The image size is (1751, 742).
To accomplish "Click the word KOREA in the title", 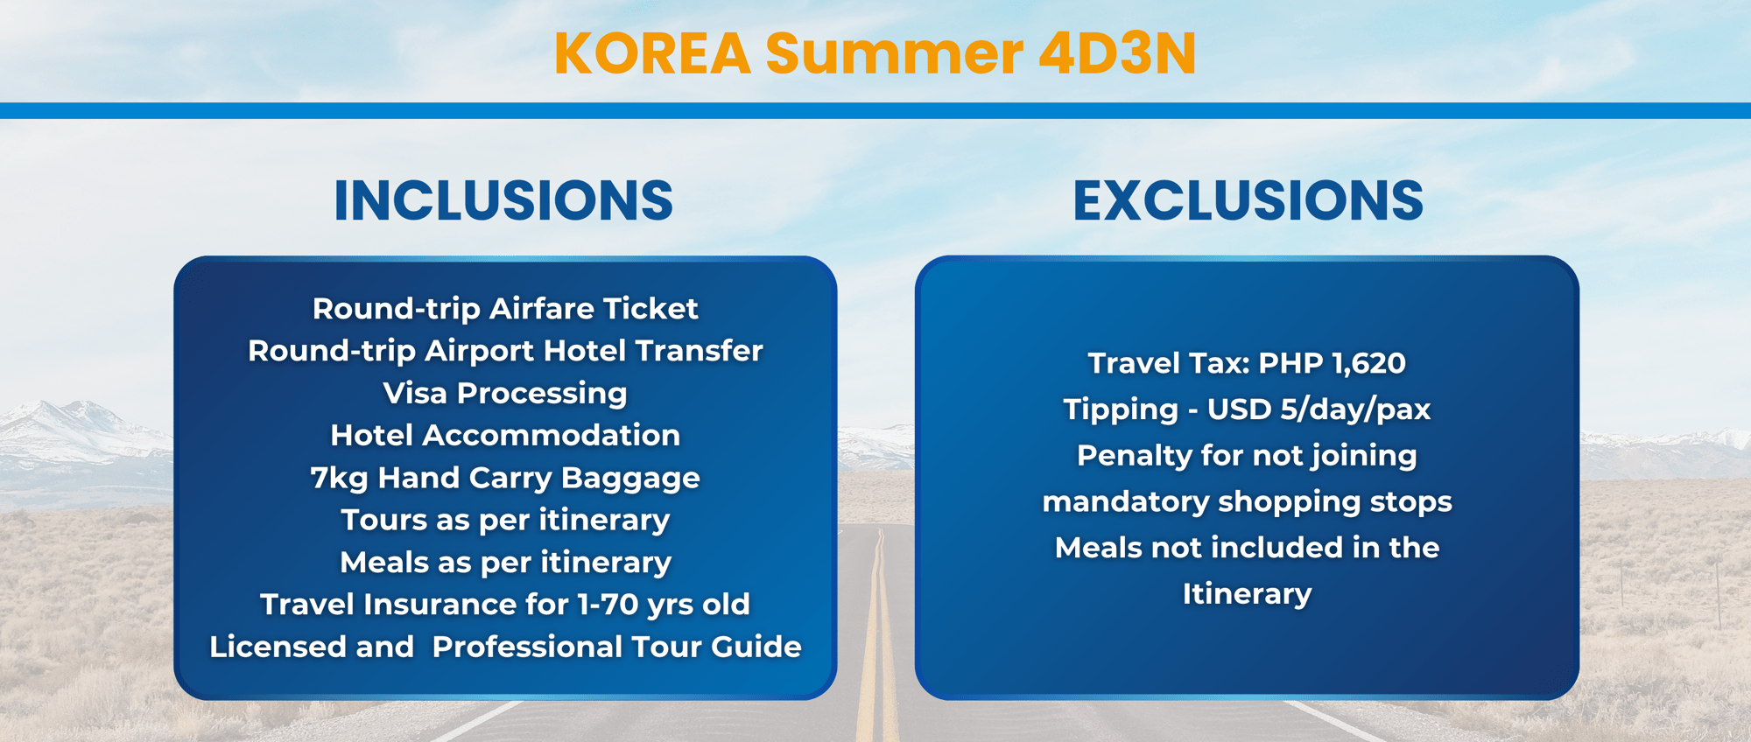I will [x=652, y=54].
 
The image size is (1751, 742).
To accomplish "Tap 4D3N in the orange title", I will [x=1117, y=54].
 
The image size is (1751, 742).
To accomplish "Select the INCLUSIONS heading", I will [x=503, y=200].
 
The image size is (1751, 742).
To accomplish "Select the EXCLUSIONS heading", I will [x=1248, y=200].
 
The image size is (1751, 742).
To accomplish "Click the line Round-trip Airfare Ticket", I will [x=505, y=309].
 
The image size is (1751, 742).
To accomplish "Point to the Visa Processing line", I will [x=505, y=394].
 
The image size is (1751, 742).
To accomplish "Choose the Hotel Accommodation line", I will [x=505, y=436].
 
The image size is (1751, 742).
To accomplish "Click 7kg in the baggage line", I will [x=339, y=479].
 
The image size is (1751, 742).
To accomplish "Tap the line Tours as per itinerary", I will [x=505, y=521].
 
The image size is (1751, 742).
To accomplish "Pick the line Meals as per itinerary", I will [x=505, y=563].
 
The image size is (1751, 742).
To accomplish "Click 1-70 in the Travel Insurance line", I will [x=608, y=605].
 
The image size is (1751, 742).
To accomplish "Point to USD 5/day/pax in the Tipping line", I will [x=1319, y=409].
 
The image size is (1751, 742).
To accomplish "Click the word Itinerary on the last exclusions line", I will [x=1247, y=594].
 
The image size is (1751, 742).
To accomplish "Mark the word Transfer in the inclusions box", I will [x=700, y=351].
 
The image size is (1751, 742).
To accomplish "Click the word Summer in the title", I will [x=894, y=54].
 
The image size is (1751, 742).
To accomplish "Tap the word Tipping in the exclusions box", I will [x=1121, y=409].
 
